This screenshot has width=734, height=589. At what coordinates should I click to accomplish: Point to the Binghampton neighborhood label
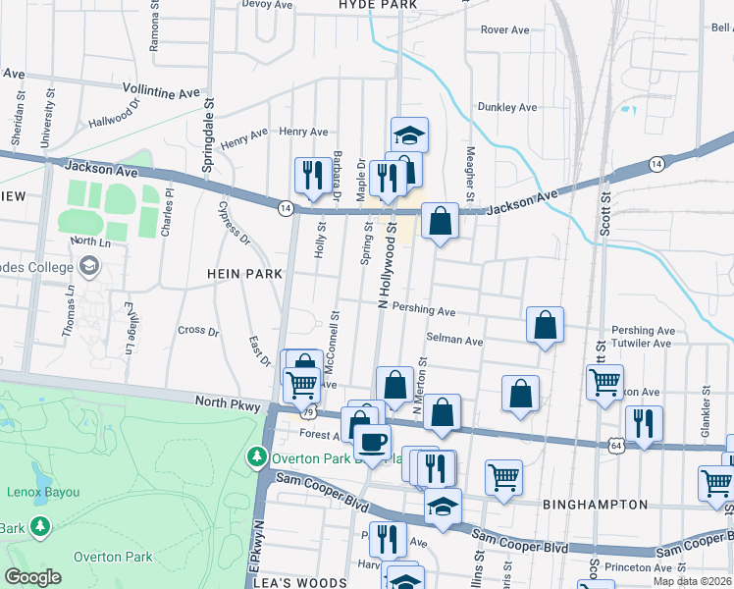point(595,505)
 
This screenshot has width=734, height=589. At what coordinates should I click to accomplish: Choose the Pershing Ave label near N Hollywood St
point(424,311)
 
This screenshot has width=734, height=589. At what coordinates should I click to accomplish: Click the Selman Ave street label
point(454,341)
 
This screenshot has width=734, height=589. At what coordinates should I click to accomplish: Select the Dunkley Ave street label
point(506,107)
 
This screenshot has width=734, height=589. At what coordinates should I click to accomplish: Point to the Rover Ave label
point(504,30)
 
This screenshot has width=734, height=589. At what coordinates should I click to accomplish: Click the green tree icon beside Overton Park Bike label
point(256,456)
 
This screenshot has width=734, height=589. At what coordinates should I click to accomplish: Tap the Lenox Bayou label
point(36,491)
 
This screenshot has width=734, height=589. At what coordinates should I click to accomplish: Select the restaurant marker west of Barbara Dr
point(313,176)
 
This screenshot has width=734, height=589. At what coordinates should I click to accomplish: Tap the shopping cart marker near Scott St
point(605,381)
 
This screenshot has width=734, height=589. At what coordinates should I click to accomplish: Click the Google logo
point(32,577)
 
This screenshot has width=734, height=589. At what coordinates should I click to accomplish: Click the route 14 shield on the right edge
point(655,162)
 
